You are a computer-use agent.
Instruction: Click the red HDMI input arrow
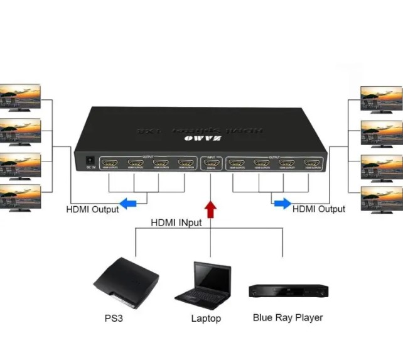click(x=211, y=209)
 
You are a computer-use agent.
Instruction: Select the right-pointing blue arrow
click(x=282, y=203)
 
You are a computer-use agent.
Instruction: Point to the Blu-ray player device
click(x=288, y=290)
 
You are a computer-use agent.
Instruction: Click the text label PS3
click(x=114, y=318)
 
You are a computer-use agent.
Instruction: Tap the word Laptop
click(x=206, y=319)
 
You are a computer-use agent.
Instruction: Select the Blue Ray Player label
click(x=287, y=317)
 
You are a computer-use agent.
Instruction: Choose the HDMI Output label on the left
click(x=92, y=209)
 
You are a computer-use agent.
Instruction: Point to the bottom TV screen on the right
click(x=381, y=198)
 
